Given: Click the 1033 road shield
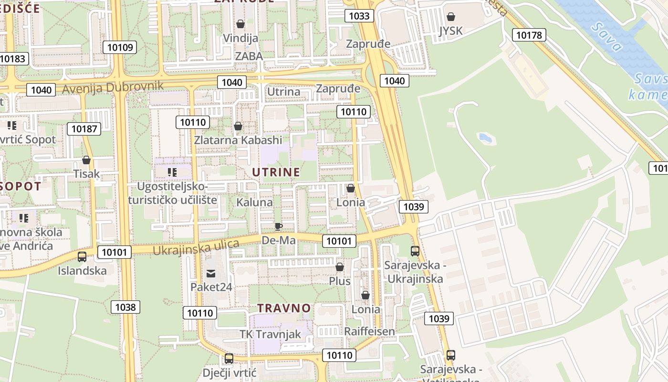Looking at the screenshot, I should coord(359,16).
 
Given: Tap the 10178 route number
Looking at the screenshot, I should coord(529,35).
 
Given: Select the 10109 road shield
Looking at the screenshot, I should coord(119,47).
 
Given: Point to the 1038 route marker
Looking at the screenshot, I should coord(125,307).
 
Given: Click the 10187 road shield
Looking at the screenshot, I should coord(84,128).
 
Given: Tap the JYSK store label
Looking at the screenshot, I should coord(451,31).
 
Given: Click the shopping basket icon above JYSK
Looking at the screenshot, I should coord(451,17).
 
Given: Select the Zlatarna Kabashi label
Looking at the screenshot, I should coord(238,140).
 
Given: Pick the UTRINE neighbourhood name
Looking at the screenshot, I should coord(276,172).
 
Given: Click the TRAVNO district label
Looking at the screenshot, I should coord(284,308).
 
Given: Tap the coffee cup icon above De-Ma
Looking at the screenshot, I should coord(279,226).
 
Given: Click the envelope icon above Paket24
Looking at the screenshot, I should coord(211,274).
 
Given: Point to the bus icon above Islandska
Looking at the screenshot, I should coord(82,257).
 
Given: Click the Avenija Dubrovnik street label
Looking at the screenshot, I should coord(113,87).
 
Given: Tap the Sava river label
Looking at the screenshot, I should coord(606,37).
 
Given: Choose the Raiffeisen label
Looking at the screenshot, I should coord(369,331).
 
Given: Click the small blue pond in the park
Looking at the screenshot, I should coord(485,138).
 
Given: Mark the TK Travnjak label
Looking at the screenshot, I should coord(270,334).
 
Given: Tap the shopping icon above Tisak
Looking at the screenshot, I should coord(86,160).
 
